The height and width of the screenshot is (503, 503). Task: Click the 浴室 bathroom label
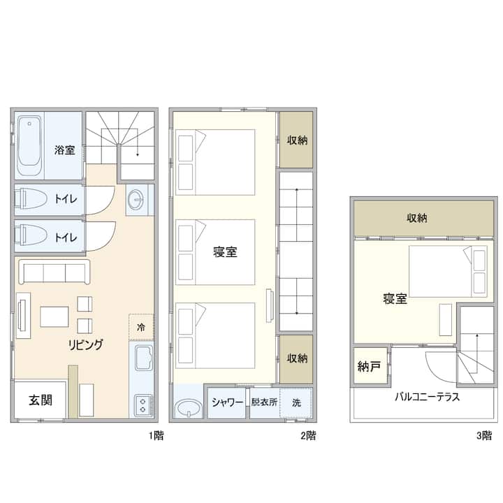coord(64,150)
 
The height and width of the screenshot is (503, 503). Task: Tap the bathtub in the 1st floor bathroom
coord(29,145)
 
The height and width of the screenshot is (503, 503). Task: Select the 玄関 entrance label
coord(41,400)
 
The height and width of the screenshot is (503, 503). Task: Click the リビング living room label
coord(85,345)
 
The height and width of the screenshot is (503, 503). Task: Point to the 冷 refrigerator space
coord(141,327)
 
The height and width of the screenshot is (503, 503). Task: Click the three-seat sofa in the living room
coord(54,272)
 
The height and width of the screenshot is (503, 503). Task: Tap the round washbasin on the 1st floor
coord(136,199)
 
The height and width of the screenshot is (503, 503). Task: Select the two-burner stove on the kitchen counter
coord(143,405)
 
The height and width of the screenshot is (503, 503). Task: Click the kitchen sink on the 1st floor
coord(143,358)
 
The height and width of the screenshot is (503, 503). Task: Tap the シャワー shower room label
coord(227,402)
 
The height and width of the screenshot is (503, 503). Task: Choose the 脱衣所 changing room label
coord(264,402)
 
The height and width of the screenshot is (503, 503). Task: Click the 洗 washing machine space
coord(296,402)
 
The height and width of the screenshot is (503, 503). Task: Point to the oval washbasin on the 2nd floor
coord(189,408)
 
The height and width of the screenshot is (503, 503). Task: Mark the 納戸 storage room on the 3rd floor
coord(369,366)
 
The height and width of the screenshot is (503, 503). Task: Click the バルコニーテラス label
coord(427,397)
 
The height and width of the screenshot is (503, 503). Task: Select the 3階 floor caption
coord(483,435)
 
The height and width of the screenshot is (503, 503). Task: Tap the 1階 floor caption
coord(156,435)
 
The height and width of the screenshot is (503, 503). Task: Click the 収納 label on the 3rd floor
coord(416,218)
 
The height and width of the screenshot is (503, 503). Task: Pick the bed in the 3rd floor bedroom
coord(448,271)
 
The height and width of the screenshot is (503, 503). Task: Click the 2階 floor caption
coord(309,435)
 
